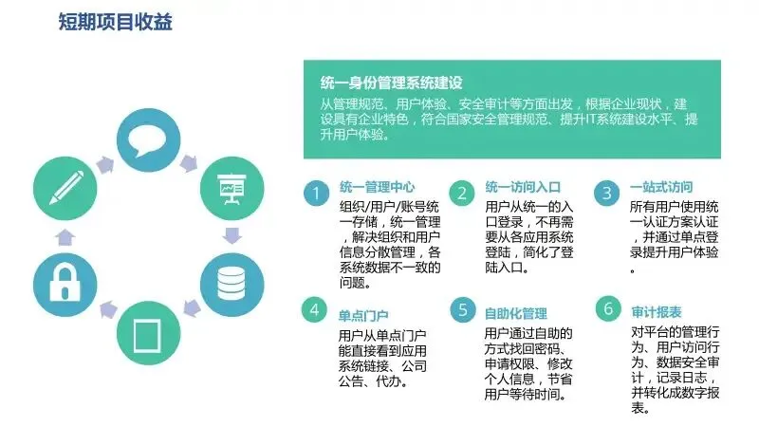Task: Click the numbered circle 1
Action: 314,194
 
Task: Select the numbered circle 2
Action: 462,194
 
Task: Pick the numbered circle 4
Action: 314,310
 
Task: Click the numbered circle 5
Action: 462,310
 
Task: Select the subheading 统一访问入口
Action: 523,187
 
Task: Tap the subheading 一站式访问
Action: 661,187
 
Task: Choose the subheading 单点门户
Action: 363,314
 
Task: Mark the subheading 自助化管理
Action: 516,313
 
